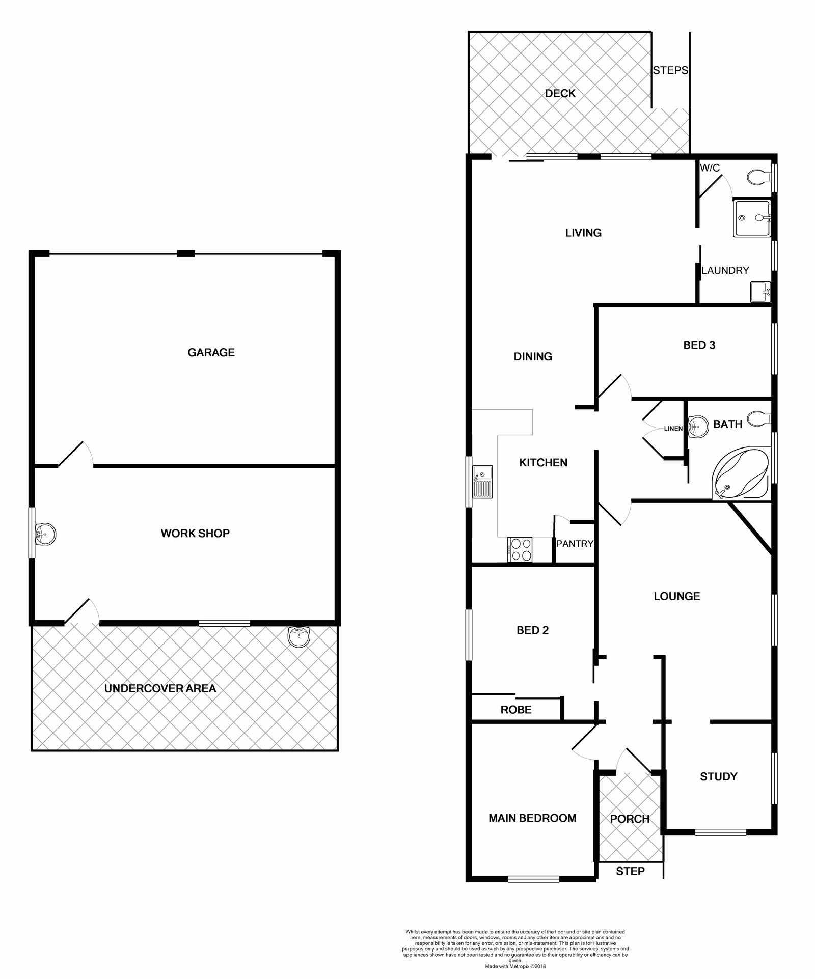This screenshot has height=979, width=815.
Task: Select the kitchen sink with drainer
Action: coord(482,481)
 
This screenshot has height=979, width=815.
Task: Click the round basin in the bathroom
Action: coord(697,426)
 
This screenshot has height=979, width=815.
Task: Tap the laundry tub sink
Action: coord(760,292)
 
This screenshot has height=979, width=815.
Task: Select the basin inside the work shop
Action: coord(45,534)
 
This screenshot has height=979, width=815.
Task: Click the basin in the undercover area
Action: coord(298,636)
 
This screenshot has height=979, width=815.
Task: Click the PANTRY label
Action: coord(575,544)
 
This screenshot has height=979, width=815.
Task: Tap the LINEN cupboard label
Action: coord(673,429)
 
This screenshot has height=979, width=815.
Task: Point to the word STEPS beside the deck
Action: coord(670,71)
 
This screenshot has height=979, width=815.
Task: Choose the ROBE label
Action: coord(516,710)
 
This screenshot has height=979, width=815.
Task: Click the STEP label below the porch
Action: coord(630,871)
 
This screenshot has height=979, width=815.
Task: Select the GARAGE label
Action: coord(211,352)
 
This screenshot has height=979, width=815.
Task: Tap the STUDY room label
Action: coord(719,776)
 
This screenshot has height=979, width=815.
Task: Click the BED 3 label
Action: coord(699,345)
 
